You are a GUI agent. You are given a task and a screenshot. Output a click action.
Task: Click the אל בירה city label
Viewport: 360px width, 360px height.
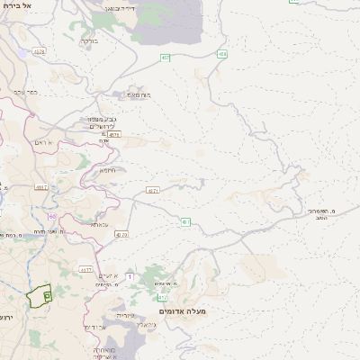pos(17,5)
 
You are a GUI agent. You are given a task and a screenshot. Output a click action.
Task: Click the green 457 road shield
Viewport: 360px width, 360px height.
pos(166,58)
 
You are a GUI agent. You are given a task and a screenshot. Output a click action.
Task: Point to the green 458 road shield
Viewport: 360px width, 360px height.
pos(222,55)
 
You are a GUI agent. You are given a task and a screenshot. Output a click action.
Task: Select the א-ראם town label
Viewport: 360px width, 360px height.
pos(44,143)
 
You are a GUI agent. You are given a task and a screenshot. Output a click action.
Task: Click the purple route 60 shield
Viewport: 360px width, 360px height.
pos(52,216)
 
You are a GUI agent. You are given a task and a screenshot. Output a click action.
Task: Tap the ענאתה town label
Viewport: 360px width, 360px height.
pos(100,224)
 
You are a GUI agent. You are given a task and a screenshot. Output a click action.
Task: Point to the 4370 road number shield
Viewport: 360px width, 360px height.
pos(121,234)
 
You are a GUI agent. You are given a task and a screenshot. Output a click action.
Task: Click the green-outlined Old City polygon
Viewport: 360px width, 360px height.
pos(40,296)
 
